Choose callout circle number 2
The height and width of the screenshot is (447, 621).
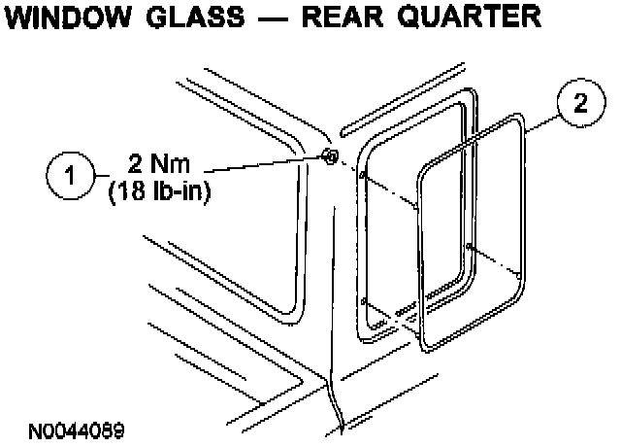pyautogui.click(x=580, y=105)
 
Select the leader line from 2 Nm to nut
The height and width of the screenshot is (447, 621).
pyautogui.click(x=262, y=166)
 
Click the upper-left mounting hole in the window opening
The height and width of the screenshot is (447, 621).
pyautogui.click(x=363, y=176)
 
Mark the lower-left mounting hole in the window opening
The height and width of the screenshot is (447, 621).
pyautogui.click(x=363, y=302)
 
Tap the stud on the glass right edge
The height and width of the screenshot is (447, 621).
pyautogui.click(x=470, y=246)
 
